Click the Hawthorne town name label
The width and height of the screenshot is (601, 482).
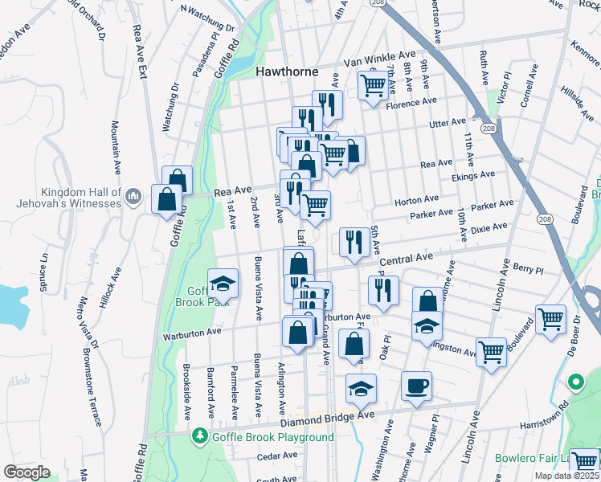click(286, 71)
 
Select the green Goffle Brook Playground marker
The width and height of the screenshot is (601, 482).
click(200, 436)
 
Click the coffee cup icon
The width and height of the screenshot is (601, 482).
click(416, 386)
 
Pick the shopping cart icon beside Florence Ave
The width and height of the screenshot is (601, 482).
click(372, 84)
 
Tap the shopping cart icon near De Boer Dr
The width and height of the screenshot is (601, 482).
click(551, 320)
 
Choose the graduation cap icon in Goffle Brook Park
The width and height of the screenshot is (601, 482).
click(223, 283)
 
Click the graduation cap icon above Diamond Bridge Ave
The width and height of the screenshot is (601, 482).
click(362, 388)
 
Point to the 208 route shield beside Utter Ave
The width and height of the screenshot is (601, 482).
click(486, 128)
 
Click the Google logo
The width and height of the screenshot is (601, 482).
click(27, 472)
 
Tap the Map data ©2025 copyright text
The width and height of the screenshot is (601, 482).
click(566, 476)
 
